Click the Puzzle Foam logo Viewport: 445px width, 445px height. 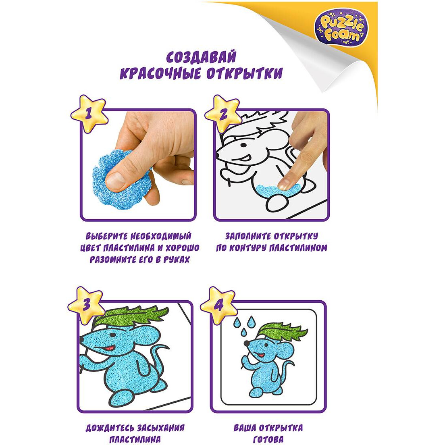341,29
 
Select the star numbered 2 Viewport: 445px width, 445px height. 223,113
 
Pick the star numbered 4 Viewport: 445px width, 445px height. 218,305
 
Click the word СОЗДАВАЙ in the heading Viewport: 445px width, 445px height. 201,57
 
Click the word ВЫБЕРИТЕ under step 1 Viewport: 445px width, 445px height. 107,236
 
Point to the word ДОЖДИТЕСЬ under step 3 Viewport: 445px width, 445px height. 110,428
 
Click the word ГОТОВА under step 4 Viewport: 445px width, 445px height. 268,440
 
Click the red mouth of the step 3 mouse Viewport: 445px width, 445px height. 109,347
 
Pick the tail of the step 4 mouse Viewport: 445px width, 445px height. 287,369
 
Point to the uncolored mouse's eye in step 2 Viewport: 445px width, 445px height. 243,145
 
